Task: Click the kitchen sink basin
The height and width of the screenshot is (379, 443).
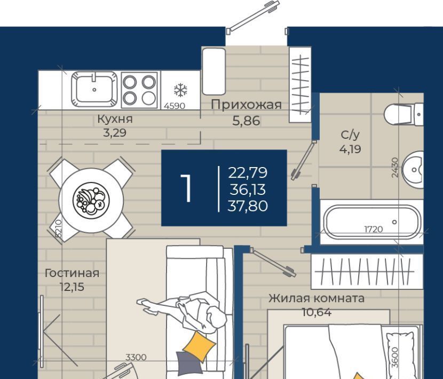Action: [94, 90]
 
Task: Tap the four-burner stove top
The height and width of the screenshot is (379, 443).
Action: [139, 90]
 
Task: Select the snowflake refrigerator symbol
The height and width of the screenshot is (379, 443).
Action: [180, 90]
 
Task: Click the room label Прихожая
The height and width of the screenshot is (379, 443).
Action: [247, 105]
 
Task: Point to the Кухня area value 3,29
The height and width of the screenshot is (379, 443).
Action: [115, 132]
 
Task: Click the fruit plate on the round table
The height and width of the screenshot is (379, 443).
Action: [91, 200]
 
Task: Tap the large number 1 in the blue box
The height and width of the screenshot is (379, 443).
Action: [186, 188]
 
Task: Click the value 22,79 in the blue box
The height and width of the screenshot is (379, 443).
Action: [248, 172]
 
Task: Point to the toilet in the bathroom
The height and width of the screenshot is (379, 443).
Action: [404, 114]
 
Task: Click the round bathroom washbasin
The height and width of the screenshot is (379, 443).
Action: [413, 170]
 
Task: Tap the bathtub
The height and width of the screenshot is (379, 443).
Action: [372, 222]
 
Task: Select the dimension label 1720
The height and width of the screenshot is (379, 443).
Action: [374, 229]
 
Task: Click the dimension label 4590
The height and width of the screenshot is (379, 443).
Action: [175, 106]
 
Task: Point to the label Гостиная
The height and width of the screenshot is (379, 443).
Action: [72, 273]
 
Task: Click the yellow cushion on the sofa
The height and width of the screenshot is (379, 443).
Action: [199, 346]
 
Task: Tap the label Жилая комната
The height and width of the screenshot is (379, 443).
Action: [317, 298]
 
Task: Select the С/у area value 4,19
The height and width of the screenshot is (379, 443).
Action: [350, 148]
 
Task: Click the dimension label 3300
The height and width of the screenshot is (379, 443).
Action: [136, 357]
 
